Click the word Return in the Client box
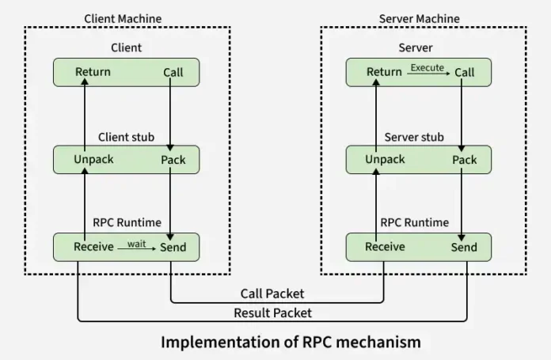pos(93,72)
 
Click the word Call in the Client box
pos(173,72)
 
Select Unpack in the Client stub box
pos(93,159)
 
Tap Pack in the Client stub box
pos(173,160)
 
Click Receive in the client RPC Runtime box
pos(93,247)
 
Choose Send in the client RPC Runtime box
pos(173,247)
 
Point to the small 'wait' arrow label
pos(137,244)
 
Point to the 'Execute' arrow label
pos(427,68)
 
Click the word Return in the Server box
pos(384,72)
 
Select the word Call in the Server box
pos(464,72)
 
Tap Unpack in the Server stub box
pos(385,159)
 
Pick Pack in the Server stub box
pos(464,160)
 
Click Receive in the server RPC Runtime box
pos(385,247)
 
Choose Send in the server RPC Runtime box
pos(464,247)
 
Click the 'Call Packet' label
pos(272,294)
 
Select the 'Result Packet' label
pos(272,313)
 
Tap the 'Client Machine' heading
pos(122,18)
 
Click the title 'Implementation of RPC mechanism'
pos(291,342)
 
